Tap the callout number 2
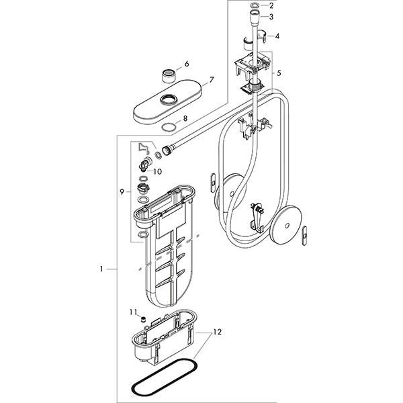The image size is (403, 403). (271, 5)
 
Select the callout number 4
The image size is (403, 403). (277, 36)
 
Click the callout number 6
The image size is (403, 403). (187, 64)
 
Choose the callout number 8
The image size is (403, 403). (186, 118)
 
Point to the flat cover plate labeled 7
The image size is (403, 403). (164, 105)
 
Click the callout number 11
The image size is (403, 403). (133, 312)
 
